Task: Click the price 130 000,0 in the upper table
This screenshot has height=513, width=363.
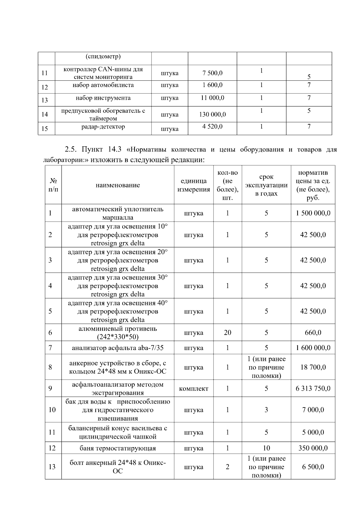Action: [212, 115]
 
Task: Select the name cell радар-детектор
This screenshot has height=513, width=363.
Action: [103, 127]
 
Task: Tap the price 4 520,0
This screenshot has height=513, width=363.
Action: [212, 126]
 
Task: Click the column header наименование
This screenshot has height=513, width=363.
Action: [118, 185]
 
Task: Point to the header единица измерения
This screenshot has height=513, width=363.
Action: [194, 185]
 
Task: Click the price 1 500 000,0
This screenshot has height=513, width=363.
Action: [313, 213]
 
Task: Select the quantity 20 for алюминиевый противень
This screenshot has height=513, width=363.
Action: [227, 333]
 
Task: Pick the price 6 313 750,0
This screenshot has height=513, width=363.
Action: [313, 388]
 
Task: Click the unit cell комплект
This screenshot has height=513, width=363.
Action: [194, 388]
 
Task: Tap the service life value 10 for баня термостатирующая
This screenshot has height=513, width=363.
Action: [266, 448]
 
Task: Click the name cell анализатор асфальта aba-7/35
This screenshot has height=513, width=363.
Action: [118, 348]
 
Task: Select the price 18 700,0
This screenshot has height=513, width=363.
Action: [313, 367]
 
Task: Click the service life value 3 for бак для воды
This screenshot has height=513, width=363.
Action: [266, 410]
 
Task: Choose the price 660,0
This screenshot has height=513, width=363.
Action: [313, 333]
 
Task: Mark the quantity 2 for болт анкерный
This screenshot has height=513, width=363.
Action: [227, 467]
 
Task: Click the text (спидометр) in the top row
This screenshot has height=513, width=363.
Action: [103, 57]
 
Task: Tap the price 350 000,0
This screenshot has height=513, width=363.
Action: [313, 448]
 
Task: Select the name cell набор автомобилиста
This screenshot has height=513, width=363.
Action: [103, 85]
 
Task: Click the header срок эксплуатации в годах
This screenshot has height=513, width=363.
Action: [266, 185]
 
